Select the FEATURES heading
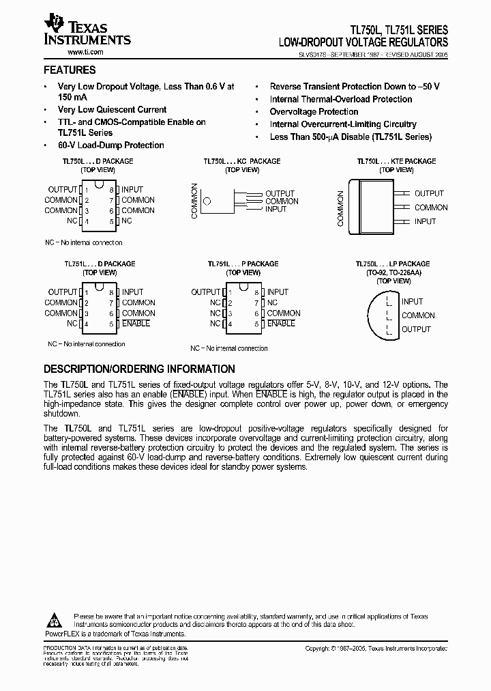(x=70, y=70)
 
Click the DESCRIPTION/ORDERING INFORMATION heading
(x=139, y=369)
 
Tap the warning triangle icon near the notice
(x=55, y=619)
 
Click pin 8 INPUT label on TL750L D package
(x=132, y=189)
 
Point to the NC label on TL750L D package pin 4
(x=72, y=221)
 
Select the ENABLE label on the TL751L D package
(x=136, y=323)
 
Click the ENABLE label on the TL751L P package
(x=281, y=323)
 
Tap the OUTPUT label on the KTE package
(x=429, y=193)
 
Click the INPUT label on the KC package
(x=276, y=209)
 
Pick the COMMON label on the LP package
(x=418, y=315)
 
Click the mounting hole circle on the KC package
(x=208, y=201)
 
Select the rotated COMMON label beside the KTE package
(x=341, y=208)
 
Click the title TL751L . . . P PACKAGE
(x=243, y=264)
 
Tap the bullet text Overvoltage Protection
(x=314, y=111)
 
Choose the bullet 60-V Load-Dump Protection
(x=110, y=145)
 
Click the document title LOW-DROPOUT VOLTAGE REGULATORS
(x=363, y=42)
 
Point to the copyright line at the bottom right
(x=376, y=649)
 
